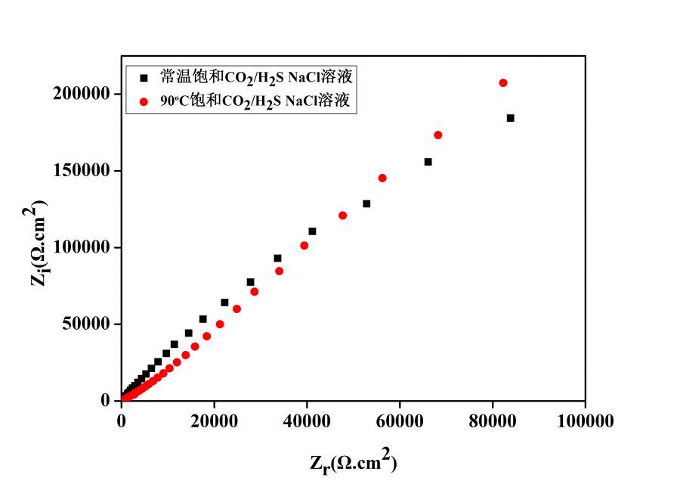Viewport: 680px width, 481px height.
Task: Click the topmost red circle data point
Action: pyautogui.click(x=503, y=82)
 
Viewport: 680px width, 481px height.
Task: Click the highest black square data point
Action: pyautogui.click(x=511, y=118)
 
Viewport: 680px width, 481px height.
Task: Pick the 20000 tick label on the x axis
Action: pyautogui.click(x=214, y=420)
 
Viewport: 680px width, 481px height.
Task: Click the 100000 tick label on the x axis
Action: pyautogui.click(x=585, y=420)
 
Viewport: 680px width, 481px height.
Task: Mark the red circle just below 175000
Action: pyautogui.click(x=438, y=135)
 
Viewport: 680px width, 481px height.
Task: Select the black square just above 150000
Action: pyautogui.click(x=428, y=162)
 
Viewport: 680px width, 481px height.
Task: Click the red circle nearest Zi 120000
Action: pyautogui.click(x=342, y=216)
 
